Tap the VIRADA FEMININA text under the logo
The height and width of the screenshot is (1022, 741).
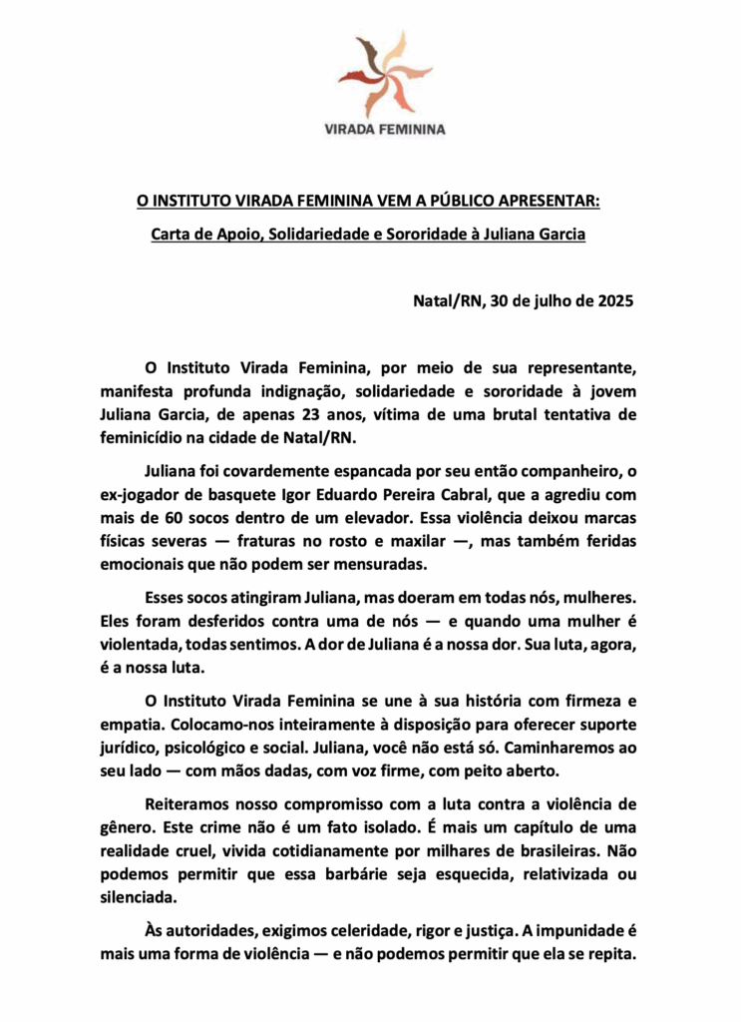371,129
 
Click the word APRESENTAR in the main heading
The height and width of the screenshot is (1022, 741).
545,202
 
